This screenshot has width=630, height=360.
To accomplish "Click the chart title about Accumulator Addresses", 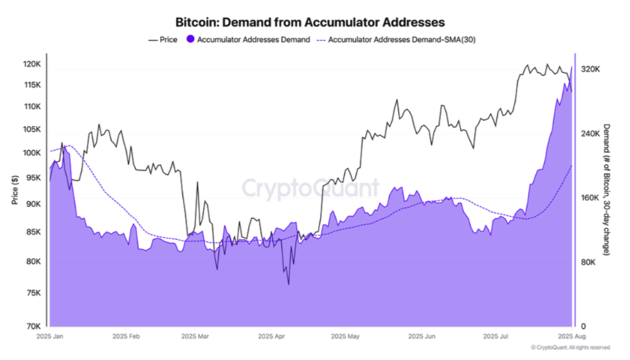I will [310, 22].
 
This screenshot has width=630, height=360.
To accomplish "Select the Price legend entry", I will [163, 40].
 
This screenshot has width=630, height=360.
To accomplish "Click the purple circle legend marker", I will [190, 40].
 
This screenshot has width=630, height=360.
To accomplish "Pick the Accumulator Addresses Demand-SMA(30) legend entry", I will [400, 40].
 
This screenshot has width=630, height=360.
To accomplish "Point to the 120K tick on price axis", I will [32, 64].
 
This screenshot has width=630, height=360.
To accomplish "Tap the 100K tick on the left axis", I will [32, 153].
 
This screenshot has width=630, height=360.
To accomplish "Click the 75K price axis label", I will [34, 293].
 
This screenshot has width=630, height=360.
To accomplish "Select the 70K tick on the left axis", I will [34, 326].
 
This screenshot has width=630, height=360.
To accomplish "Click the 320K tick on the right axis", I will [590, 69].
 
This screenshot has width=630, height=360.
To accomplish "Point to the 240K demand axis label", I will [590, 134].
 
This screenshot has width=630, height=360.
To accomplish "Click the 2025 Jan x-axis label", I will [50, 337].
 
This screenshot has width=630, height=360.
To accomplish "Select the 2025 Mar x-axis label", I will [195, 337].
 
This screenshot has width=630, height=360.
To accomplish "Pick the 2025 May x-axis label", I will [345, 337].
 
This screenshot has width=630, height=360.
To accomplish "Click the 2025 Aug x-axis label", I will [571, 337].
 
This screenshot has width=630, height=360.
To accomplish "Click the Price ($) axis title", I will [15, 189].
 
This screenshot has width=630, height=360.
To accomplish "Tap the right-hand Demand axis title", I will [607, 189].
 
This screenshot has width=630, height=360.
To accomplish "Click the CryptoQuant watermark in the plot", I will [310, 188].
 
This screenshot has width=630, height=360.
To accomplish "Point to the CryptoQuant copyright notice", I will [569, 348].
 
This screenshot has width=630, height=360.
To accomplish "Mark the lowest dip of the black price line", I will [288, 285].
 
